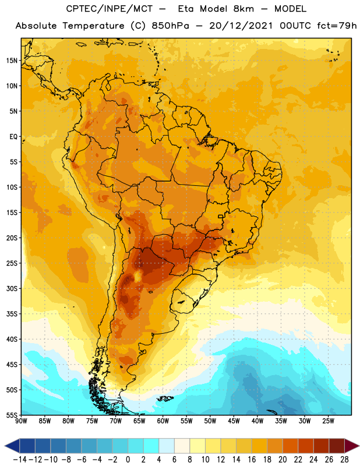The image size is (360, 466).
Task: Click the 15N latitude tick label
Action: point(12,61)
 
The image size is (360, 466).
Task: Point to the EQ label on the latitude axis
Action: point(13,137)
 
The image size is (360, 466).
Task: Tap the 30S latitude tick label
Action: point(12,288)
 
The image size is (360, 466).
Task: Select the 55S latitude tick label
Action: point(12,415)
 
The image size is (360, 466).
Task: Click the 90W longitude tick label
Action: point(21,421)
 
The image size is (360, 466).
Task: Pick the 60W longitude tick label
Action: point(163,421)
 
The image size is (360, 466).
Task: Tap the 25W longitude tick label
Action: point(328,421)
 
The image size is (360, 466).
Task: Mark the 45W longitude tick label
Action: point(234,421)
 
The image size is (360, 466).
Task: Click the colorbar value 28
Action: point(344,460)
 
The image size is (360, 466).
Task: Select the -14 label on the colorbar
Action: point(20,460)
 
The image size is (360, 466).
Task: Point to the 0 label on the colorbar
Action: point(128,460)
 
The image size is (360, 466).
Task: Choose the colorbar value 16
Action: point(252,460)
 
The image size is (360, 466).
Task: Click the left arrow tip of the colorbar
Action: point(5,446)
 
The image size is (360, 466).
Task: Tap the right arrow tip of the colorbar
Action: point(359,446)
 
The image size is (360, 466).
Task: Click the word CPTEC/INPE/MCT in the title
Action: point(109,9)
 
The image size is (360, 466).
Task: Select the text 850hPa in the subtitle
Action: point(170,26)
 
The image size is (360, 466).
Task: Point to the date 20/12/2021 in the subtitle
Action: point(241,26)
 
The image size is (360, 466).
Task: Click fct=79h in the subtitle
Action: point(337,26)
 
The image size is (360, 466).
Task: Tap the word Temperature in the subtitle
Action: point(93,26)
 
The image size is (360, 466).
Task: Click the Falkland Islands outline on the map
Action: point(165,398)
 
